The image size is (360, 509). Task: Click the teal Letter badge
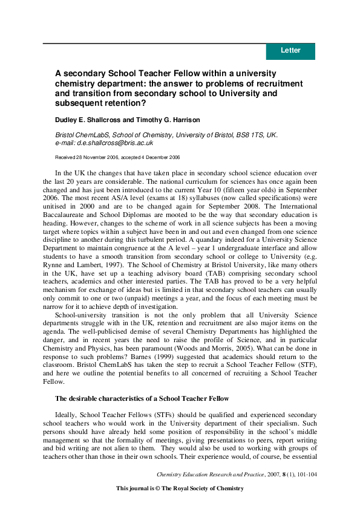pyautogui.click(x=290, y=51)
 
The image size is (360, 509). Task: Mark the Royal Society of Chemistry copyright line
pyautogui.click(x=180, y=488)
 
